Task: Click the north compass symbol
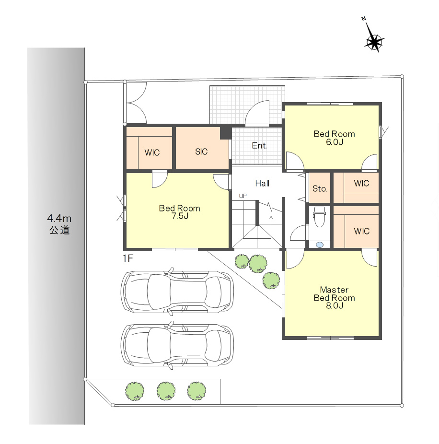[x=374, y=42]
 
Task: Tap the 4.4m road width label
[x=59, y=219]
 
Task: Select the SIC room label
[x=201, y=152]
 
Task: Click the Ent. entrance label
[x=259, y=146]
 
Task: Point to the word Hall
[x=262, y=184]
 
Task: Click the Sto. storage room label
[x=320, y=188]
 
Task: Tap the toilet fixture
[x=320, y=217]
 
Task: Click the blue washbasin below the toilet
[x=320, y=245]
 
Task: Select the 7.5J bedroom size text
[x=180, y=216]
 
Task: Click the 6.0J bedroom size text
[x=334, y=142]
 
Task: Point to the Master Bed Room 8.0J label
[x=334, y=298]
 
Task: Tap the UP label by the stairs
[x=243, y=196]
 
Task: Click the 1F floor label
[x=127, y=258]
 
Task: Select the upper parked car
[x=177, y=292]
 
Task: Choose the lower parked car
[x=177, y=345]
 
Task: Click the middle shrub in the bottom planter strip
[x=166, y=391]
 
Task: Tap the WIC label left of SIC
[x=152, y=152]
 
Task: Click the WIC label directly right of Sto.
[x=361, y=183]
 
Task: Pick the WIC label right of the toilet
[x=361, y=231]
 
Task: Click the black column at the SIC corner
[x=226, y=133]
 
